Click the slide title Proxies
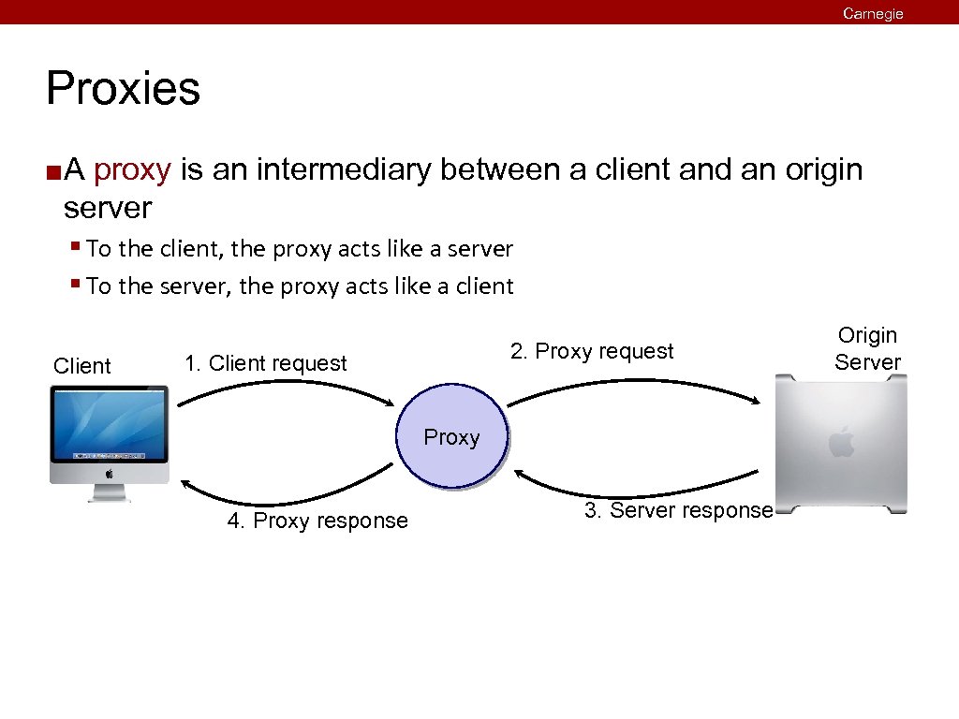point(123,89)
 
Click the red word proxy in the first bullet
point(132,170)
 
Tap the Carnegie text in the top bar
point(873,13)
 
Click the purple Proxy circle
point(451,438)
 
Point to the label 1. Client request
point(266,363)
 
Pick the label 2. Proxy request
point(592,352)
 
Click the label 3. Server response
point(678,510)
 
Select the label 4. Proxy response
point(317,521)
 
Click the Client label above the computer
point(82,366)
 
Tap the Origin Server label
point(867,348)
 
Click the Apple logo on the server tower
point(841,441)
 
